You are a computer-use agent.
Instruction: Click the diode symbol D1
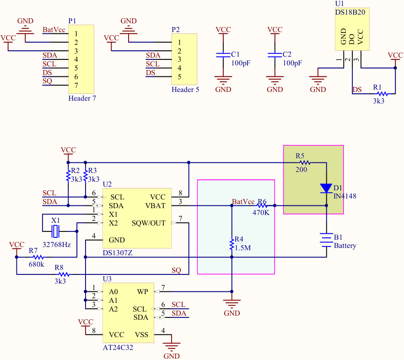coord(326,188)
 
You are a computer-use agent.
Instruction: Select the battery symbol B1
coord(326,240)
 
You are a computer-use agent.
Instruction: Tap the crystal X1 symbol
coord(55,231)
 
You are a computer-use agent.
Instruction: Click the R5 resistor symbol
coord(305,162)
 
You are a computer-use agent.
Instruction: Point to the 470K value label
coord(261,212)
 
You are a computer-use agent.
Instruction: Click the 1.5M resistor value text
coord(243,248)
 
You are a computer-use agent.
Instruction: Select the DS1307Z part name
coord(118,253)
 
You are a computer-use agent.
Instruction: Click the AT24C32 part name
coord(118,348)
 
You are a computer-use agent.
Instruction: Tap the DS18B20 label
coord(350,12)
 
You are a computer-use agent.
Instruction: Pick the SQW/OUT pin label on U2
coord(149,223)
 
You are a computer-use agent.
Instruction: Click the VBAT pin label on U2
coord(156,206)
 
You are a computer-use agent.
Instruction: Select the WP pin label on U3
coord(142,292)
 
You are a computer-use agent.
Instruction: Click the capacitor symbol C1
coord(223,55)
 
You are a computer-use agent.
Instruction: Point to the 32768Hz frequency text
coord(57,244)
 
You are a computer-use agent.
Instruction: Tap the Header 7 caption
coord(82,98)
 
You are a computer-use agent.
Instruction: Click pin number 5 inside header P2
coord(179,77)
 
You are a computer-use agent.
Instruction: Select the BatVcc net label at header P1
coord(54,30)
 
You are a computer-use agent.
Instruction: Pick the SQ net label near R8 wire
coord(176,270)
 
